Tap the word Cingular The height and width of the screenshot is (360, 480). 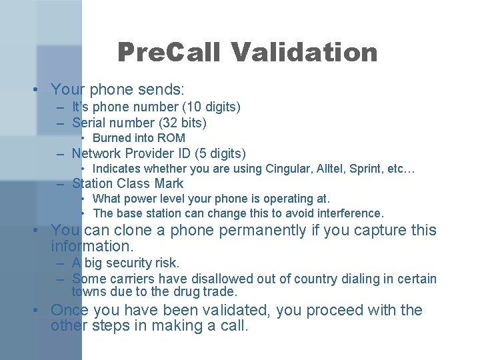tap(291, 169)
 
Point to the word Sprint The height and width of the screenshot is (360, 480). tap(375, 169)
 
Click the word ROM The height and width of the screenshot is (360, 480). tap(171, 138)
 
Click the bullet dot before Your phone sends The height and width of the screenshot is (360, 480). tap(42, 89)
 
